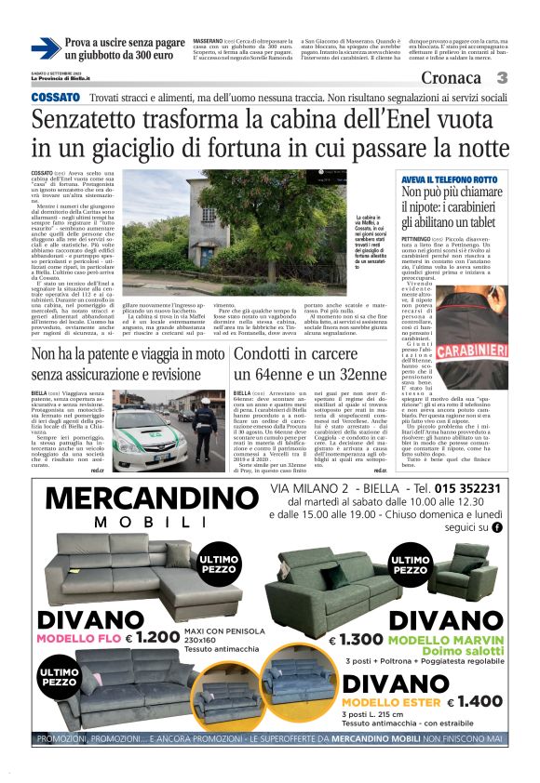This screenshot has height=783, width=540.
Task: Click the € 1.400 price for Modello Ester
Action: [474, 702]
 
